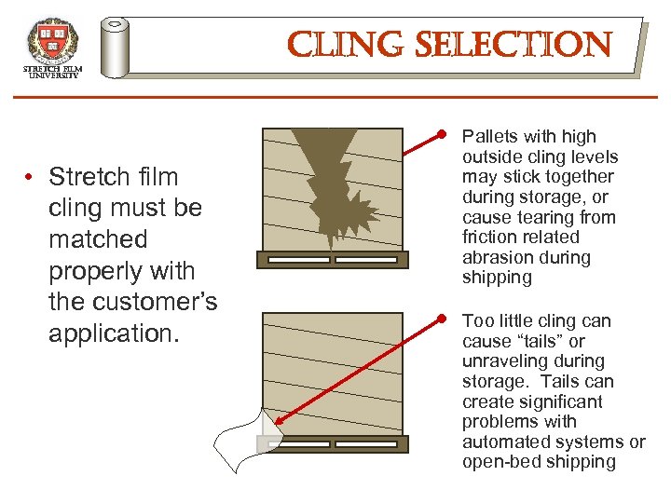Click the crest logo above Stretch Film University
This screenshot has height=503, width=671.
(52, 41)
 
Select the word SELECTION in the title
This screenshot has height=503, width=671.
(503, 44)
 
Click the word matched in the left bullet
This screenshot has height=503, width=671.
(98, 239)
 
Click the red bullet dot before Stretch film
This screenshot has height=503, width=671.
(31, 177)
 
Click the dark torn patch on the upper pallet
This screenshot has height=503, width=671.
(331, 186)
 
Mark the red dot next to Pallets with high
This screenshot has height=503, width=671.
(445, 136)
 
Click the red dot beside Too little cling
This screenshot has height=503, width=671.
(445, 319)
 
